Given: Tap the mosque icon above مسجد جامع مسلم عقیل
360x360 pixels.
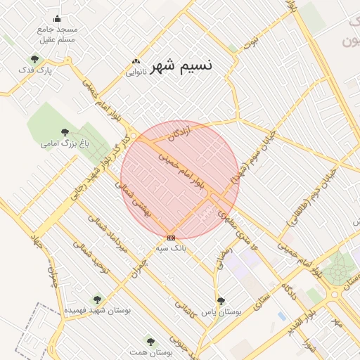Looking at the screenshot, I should tap(57, 19).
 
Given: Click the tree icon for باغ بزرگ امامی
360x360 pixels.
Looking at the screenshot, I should tap(65, 132).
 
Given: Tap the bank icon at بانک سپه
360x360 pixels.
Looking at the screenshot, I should tap(171, 238).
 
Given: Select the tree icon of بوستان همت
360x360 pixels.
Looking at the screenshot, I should tap(149, 341).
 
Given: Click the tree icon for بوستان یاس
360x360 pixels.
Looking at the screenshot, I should tap(221, 300).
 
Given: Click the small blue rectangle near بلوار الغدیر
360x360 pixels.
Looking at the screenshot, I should tap(281, 316).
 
